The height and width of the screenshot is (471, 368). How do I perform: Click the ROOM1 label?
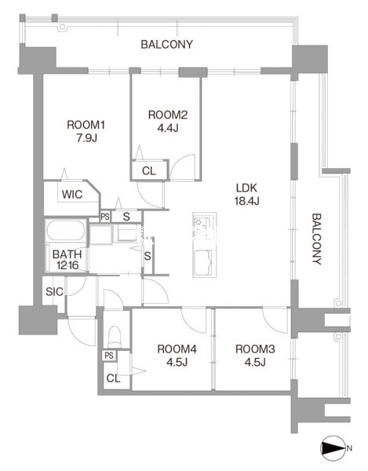pyautogui.click(x=86, y=125)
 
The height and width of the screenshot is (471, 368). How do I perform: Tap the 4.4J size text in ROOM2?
pyautogui.click(x=168, y=128)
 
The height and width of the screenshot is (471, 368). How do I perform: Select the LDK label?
pyautogui.click(x=246, y=188)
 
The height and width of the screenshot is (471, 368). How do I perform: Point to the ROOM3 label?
pyautogui.click(x=255, y=349)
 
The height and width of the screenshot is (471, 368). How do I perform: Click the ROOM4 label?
pyautogui.click(x=177, y=349)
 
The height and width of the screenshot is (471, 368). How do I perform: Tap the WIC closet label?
pyautogui.click(x=72, y=195)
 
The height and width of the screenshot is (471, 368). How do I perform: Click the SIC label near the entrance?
pyautogui.click(x=54, y=291)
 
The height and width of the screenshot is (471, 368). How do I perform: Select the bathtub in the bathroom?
pyautogui.click(x=65, y=230)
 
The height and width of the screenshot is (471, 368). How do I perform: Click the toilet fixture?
pyautogui.click(x=115, y=337)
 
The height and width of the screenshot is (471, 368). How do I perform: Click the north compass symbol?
pyautogui.click(x=333, y=448)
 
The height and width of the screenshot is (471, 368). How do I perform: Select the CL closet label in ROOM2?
pyautogui.click(x=149, y=171)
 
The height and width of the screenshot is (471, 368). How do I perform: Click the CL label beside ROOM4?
pyautogui.click(x=114, y=378)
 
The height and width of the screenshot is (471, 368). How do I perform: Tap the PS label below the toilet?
pyautogui.click(x=109, y=356)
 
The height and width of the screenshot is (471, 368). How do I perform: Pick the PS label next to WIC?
pyautogui.click(x=105, y=217)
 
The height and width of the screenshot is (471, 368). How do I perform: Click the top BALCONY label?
pyautogui.click(x=166, y=45)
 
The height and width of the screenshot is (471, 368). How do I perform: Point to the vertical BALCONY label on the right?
pyautogui.click(x=317, y=239)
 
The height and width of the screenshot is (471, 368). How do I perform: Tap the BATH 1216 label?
pyautogui.click(x=67, y=260)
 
